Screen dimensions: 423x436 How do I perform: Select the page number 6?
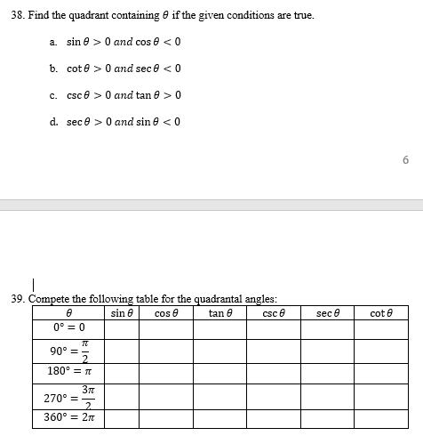click(x=405, y=159)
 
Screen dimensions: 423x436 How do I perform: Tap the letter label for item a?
click(x=53, y=43)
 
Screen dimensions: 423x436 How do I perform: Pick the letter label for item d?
click(x=54, y=122)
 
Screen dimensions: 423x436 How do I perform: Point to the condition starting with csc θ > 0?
click(x=124, y=95)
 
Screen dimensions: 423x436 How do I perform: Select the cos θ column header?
click(x=166, y=312)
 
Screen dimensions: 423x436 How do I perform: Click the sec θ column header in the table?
click(x=329, y=312)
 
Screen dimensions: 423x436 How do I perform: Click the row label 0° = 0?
click(x=68, y=327)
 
